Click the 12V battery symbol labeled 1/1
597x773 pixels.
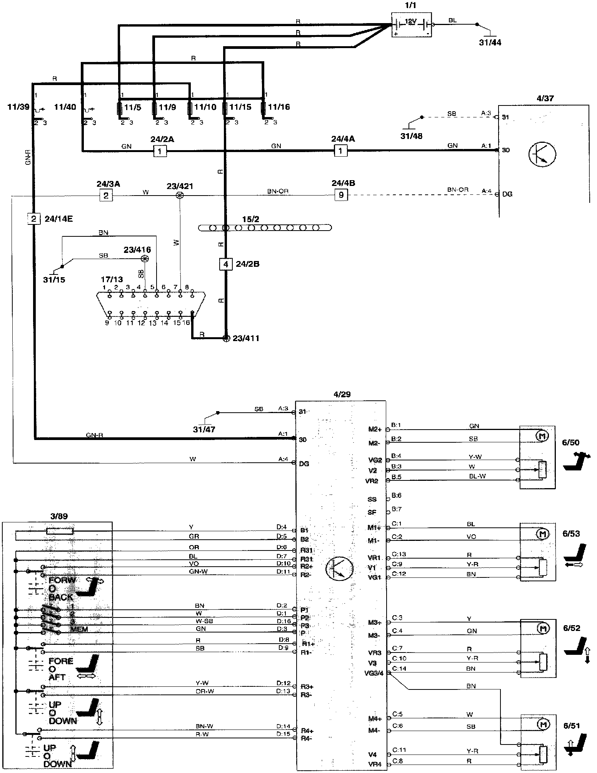[411, 25]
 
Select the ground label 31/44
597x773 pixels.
[490, 42]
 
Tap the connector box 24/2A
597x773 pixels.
[160, 151]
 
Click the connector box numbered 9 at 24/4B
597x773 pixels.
[341, 195]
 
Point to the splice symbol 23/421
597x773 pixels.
[179, 195]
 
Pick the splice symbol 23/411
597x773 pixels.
[226, 338]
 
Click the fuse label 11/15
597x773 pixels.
[240, 107]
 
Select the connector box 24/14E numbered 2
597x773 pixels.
[34, 219]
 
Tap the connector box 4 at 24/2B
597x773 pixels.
[226, 264]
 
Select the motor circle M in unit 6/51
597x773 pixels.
[543, 725]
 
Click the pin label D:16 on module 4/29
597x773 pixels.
[284, 621]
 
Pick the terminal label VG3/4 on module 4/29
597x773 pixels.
[374, 673]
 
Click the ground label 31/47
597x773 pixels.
[204, 429]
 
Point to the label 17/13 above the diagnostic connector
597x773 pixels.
[112, 279]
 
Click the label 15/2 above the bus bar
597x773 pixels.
[250, 219]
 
